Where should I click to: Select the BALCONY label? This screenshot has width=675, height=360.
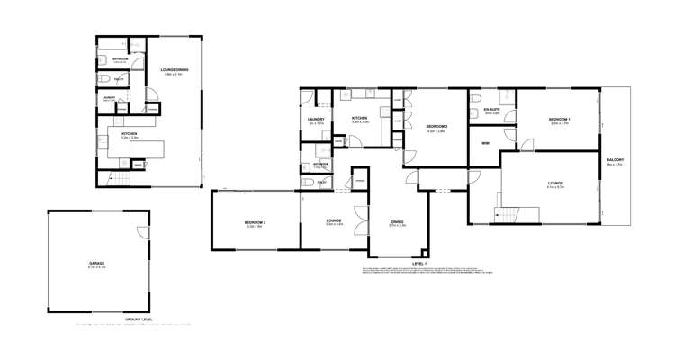coord(616,159)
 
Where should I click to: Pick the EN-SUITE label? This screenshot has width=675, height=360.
coord(491,110)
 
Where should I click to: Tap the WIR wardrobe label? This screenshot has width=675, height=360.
coord(484,142)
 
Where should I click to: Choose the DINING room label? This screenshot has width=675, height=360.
coord(397,221)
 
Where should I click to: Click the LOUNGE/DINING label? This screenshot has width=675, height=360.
coord(174,69)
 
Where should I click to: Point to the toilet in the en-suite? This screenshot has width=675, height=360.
coord(477,99)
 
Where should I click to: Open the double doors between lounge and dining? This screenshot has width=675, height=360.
coord(361,220)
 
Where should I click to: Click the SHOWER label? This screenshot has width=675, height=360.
coord(321,164)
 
